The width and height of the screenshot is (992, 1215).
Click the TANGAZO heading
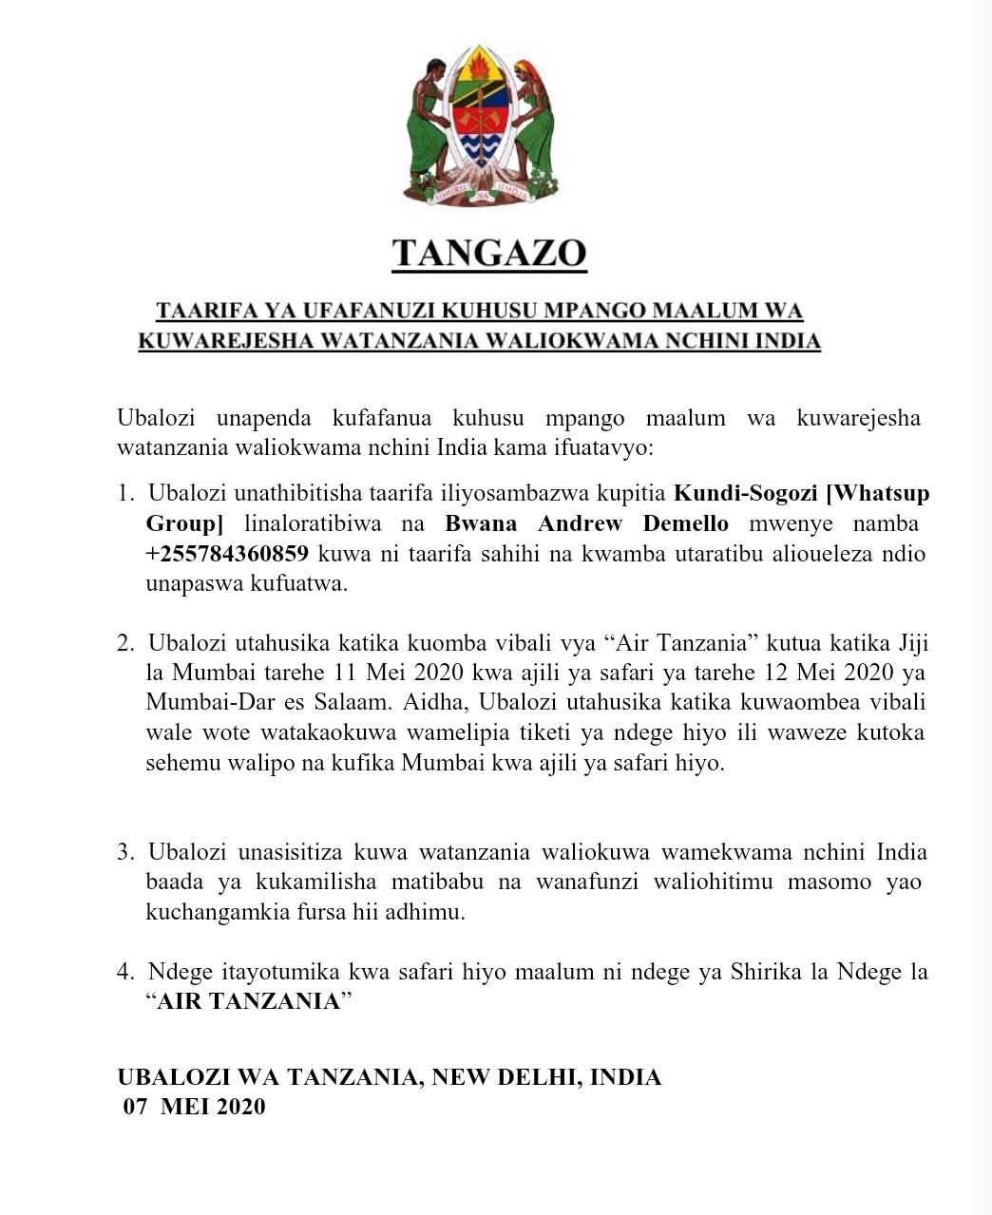489,253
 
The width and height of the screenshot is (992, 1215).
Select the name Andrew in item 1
578,523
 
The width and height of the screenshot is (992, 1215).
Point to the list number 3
125,852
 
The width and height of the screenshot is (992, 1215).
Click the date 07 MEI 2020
194,1107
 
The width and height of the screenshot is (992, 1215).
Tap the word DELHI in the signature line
525,1077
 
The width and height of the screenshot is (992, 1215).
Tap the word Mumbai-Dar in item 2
197,703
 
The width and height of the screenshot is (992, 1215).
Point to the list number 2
125,644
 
